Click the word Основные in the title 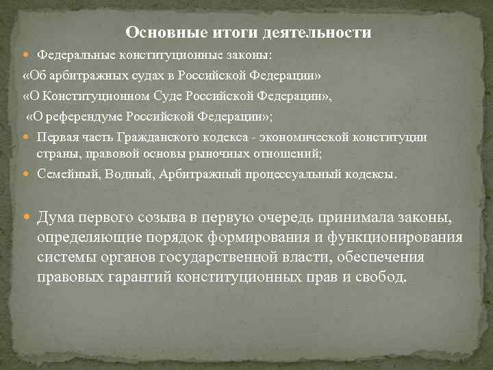157,32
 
